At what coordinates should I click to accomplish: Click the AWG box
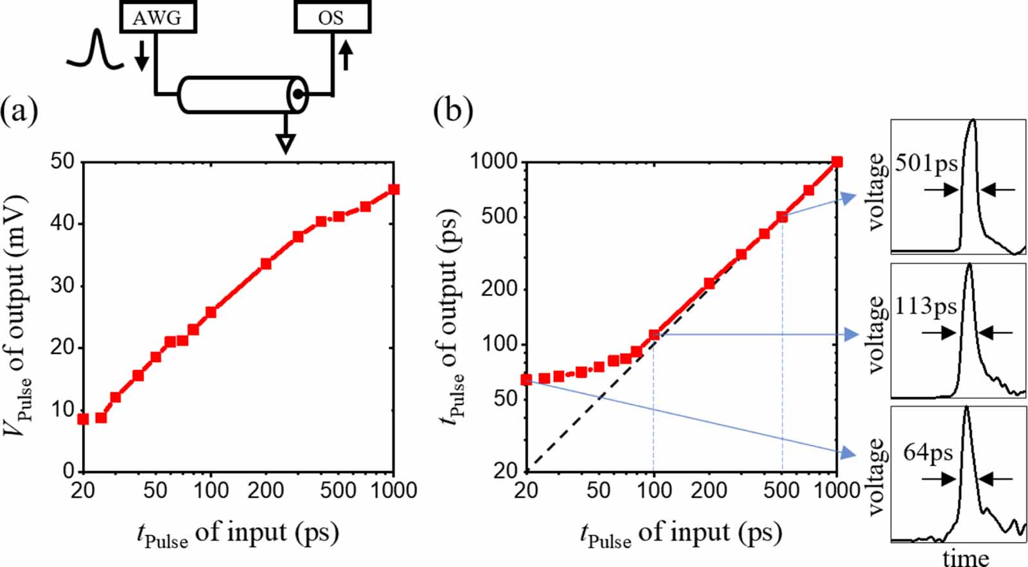(x=157, y=17)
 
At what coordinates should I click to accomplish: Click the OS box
(x=332, y=17)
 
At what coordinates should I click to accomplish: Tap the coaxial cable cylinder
(x=242, y=95)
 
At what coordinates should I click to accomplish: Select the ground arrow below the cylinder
(x=285, y=141)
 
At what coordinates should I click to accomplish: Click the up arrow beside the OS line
(x=346, y=55)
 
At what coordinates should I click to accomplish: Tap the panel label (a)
(x=19, y=111)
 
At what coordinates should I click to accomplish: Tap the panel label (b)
(x=453, y=111)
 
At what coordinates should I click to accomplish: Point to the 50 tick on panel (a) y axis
(x=62, y=161)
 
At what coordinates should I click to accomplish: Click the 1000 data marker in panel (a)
(x=394, y=189)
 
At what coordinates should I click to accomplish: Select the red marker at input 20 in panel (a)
(x=83, y=419)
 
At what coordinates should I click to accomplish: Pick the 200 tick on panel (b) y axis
(x=499, y=288)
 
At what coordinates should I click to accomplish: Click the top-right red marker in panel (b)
(x=837, y=162)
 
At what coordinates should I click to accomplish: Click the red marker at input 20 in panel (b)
(x=526, y=379)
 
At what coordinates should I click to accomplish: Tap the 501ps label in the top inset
(x=926, y=164)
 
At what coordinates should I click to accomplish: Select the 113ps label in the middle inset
(x=925, y=307)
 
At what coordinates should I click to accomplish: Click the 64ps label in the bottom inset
(x=928, y=453)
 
